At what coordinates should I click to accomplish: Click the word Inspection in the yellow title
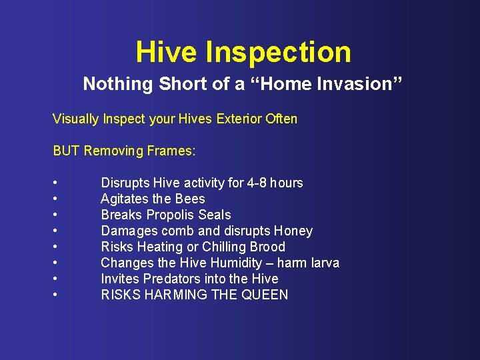[x=279, y=53]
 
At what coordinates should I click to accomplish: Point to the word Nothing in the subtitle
[x=111, y=84]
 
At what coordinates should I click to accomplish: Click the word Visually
[x=76, y=119]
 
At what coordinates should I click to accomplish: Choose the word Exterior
[x=236, y=119]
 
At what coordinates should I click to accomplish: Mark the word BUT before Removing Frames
[x=66, y=151]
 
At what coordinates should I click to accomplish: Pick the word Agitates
[x=125, y=199]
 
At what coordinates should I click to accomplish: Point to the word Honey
[x=293, y=231]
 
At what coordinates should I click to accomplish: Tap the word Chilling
[x=224, y=247]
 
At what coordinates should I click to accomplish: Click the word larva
[x=323, y=263]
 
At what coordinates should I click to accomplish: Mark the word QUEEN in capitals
[x=265, y=295]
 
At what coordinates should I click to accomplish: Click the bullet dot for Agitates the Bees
[x=55, y=199]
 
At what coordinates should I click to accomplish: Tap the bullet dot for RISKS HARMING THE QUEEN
[x=55, y=295]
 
